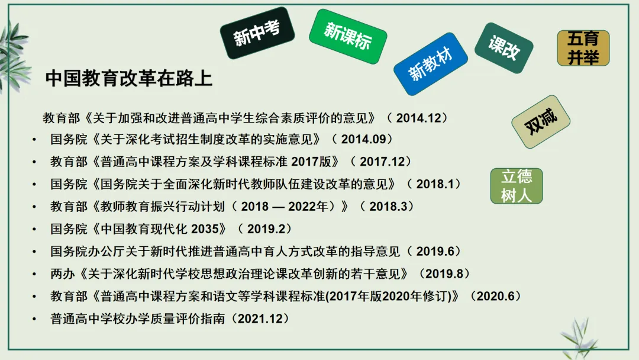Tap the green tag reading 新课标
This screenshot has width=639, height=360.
(347, 37)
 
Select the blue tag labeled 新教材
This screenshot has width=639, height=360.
(431, 65)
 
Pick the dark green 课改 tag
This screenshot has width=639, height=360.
(504, 49)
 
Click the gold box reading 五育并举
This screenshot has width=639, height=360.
(583, 48)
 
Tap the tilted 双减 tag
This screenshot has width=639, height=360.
(541, 121)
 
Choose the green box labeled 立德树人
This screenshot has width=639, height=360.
(517, 185)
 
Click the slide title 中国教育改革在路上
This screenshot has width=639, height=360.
(128, 79)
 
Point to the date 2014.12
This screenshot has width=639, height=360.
(419, 117)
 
